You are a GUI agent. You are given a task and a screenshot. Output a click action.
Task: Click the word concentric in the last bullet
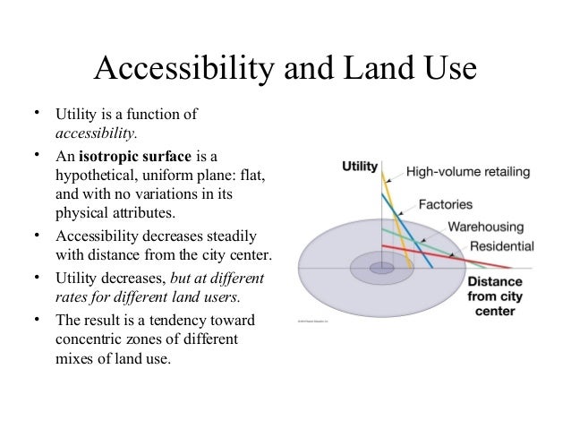[x=89, y=342]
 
